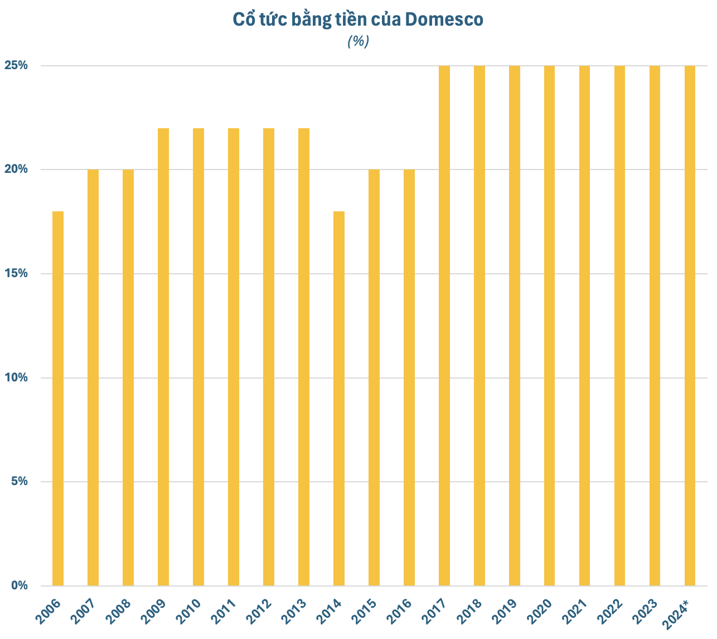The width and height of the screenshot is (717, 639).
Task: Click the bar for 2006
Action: [x=58, y=398]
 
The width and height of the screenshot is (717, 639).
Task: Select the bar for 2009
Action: [x=163, y=357]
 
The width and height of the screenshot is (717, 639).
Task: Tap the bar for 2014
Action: [x=339, y=398]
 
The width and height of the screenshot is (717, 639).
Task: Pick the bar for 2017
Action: [x=444, y=326]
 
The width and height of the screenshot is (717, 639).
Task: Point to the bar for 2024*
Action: [x=690, y=326]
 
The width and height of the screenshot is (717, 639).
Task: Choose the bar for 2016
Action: [x=409, y=377]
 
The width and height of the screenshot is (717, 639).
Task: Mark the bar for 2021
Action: [x=585, y=326]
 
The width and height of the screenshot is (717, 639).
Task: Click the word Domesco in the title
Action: [x=444, y=20]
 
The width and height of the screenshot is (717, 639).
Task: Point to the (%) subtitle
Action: [x=358, y=41]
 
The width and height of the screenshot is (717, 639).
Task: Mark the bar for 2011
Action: [x=234, y=357]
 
